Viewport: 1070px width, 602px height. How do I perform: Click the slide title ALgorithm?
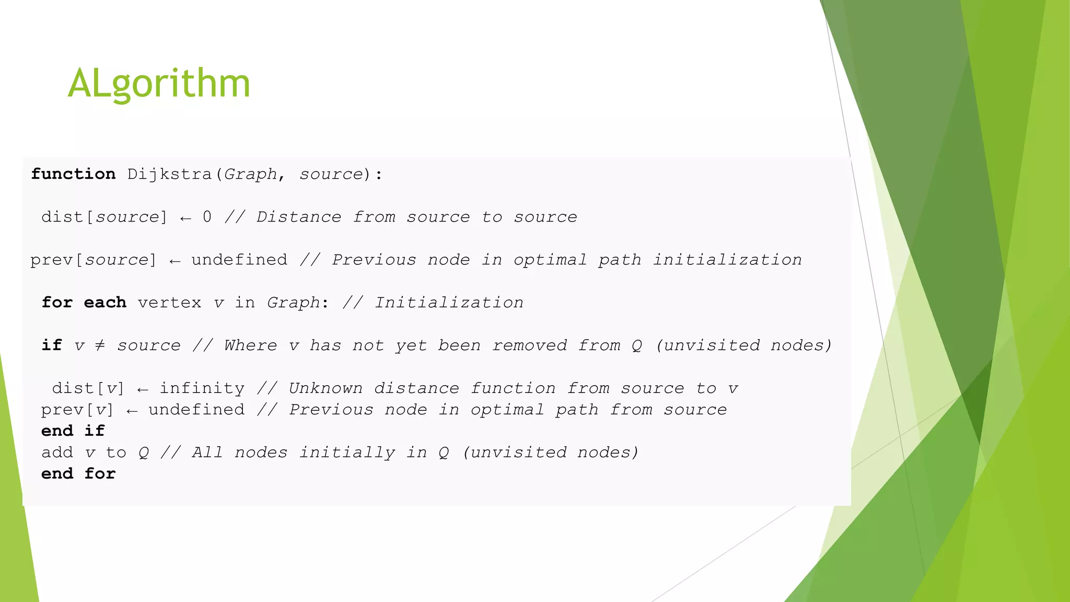(x=159, y=84)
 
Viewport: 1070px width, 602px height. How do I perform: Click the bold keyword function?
(x=73, y=173)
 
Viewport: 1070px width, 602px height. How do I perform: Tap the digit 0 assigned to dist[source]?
(x=207, y=216)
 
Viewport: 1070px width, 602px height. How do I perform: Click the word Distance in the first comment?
(x=299, y=216)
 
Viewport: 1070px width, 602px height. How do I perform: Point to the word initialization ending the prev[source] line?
(x=727, y=259)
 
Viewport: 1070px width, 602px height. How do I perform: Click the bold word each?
(x=105, y=302)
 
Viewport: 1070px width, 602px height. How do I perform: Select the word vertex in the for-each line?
(x=169, y=302)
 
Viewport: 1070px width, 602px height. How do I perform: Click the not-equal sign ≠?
(x=100, y=345)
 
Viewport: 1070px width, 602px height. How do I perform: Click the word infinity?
(x=202, y=388)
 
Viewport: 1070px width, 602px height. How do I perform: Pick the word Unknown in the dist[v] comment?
(x=325, y=388)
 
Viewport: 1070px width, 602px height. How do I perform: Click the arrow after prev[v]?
(x=132, y=411)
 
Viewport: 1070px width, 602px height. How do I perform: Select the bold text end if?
(x=73, y=431)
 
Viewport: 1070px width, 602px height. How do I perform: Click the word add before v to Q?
(x=57, y=452)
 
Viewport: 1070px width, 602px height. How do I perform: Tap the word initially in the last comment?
(x=347, y=452)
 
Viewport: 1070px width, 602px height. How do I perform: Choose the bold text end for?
(x=78, y=473)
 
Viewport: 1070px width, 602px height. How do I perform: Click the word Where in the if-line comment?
(x=251, y=345)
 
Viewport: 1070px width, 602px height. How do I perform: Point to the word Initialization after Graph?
(x=449, y=302)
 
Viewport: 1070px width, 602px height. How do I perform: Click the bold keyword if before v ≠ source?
(x=52, y=345)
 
